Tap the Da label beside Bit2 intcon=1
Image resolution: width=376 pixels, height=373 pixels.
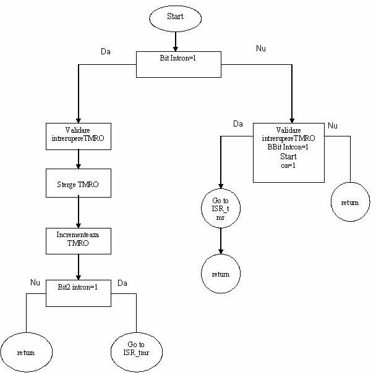coord(122,283)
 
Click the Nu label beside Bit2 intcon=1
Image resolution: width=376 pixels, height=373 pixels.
coord(35,282)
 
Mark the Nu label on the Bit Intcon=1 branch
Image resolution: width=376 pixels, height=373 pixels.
coord(261,48)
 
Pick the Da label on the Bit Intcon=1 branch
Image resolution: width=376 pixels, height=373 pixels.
coord(106,51)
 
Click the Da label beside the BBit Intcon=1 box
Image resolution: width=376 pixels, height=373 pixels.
coord(238,124)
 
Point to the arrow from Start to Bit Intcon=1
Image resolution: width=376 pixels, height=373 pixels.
coord(176,41)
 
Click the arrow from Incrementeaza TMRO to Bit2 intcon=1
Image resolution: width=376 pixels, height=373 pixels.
coord(79,267)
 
